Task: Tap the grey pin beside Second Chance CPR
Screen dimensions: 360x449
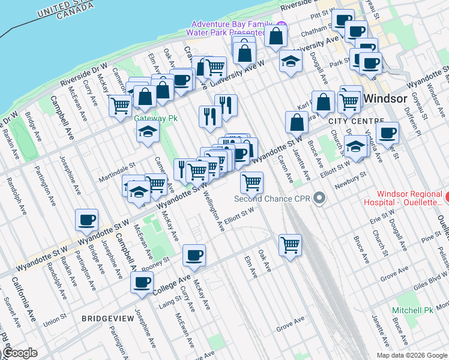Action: pos(319,198)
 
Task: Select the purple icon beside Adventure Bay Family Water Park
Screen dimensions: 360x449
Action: pos(281,27)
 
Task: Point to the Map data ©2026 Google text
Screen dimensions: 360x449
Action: pos(412,355)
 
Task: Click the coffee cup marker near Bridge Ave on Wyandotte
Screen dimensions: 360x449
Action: pos(87,220)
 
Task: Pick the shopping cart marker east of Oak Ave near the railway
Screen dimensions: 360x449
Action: pos(290,245)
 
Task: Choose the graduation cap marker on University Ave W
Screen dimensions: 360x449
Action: pos(291,61)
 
